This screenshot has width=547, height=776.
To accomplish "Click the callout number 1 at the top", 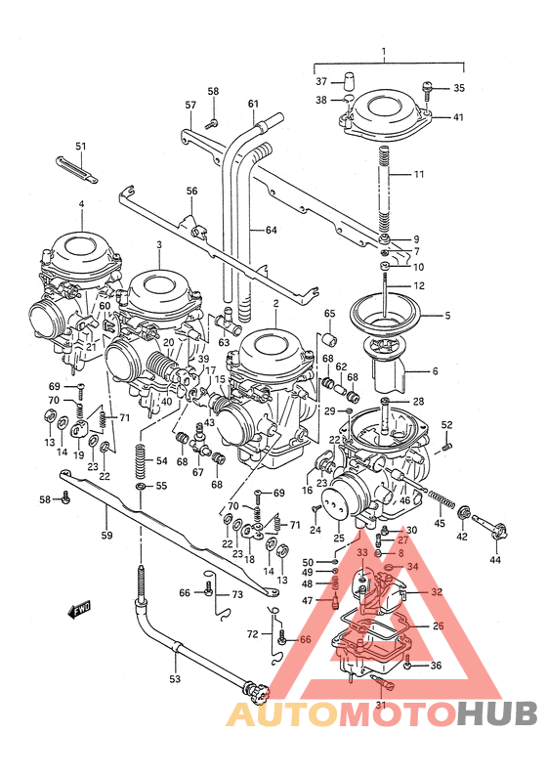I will (384, 52).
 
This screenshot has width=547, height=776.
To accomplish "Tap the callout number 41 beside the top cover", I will (459, 117).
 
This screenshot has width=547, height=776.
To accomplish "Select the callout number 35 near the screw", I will (460, 88).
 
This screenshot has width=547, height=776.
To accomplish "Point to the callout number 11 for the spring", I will (445, 175).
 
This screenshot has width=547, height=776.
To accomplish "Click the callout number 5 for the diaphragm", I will (447, 316).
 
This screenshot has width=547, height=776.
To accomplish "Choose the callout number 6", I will (435, 371).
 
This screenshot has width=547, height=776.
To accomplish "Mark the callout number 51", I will (80, 147).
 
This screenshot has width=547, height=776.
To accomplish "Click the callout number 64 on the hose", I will (270, 231).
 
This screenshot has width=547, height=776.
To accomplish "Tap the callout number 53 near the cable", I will (175, 678).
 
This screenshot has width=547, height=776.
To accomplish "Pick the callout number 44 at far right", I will (494, 560).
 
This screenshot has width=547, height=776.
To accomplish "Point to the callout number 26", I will (437, 626).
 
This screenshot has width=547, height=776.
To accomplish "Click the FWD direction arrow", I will (79, 611).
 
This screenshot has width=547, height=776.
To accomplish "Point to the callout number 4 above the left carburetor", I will (82, 204).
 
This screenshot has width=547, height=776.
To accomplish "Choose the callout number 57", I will (190, 105).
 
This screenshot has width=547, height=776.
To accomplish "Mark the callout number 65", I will (329, 314).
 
